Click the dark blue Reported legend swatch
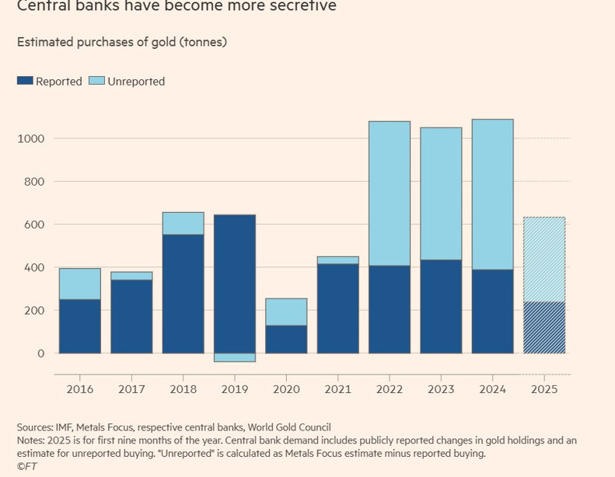[x=26, y=81]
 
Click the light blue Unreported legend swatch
[x=96, y=81]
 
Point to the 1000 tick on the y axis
[x=31, y=139]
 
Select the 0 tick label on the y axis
[x=41, y=353]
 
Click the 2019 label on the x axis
[x=234, y=388]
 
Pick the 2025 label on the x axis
[x=544, y=388]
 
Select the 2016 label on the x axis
[x=79, y=388]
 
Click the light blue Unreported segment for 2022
[x=389, y=193]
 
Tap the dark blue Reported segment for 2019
[x=234, y=284]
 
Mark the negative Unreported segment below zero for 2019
[x=234, y=357]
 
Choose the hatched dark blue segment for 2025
[x=544, y=327]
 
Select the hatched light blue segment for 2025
[x=544, y=259]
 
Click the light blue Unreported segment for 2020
[x=286, y=312]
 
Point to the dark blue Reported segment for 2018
[x=183, y=294]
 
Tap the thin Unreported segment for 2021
[x=337, y=260]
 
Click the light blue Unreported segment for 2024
[x=492, y=194]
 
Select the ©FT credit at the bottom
[x=26, y=466]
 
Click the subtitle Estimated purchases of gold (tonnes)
[x=122, y=42]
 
